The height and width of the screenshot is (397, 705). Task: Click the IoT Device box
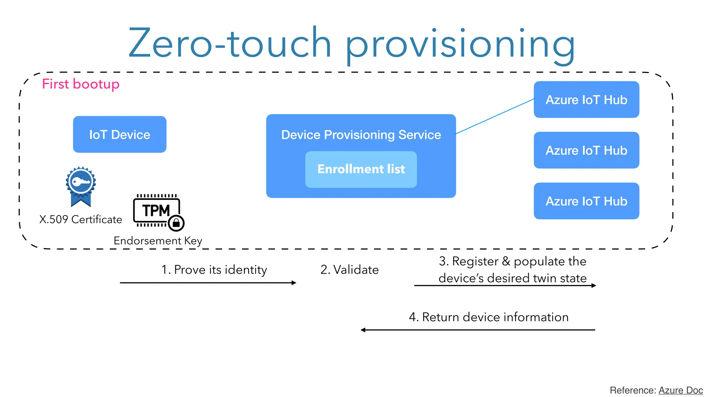pos(119,134)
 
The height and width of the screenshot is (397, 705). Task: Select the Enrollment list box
pos(361,169)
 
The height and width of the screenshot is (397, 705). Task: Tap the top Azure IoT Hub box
pos(586,100)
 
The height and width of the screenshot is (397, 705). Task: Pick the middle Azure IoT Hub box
pos(586,150)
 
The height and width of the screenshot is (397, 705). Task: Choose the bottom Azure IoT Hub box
pos(586,201)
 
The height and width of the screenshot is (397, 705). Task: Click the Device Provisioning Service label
pos(361,135)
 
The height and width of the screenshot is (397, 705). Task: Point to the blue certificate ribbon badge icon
pos(81,186)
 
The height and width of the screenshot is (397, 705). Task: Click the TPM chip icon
pos(156,210)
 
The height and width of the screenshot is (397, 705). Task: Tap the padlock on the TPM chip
pos(177,223)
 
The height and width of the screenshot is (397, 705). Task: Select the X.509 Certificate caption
pos(81,220)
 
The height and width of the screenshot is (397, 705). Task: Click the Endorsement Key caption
pos(158,241)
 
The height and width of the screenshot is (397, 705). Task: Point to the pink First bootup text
pos(81,84)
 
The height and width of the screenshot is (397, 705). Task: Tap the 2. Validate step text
pos(349,269)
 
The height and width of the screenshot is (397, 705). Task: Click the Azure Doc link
pos(680,390)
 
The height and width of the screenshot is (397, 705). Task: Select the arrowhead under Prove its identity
pos(294,283)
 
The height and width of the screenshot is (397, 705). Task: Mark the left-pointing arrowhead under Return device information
pos(363,330)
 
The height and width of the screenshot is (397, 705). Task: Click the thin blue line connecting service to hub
pos(495,116)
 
